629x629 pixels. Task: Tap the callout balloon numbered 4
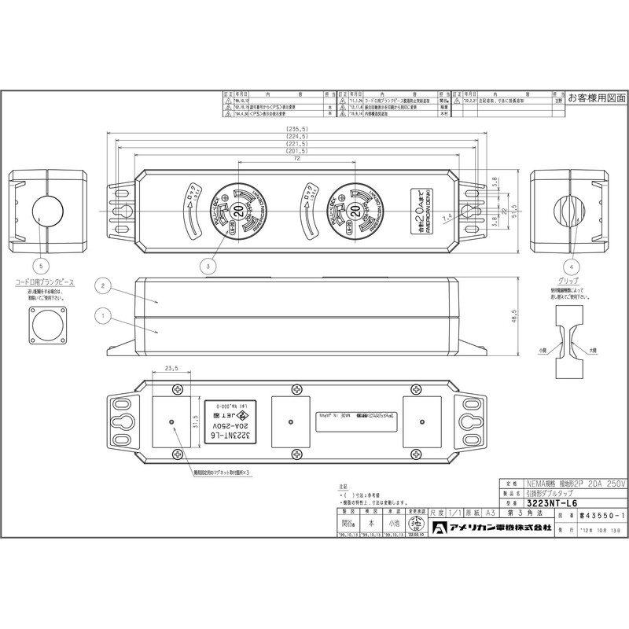[x=572, y=265]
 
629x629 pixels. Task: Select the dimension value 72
[x=296, y=160]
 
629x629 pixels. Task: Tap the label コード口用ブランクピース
[x=46, y=281]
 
